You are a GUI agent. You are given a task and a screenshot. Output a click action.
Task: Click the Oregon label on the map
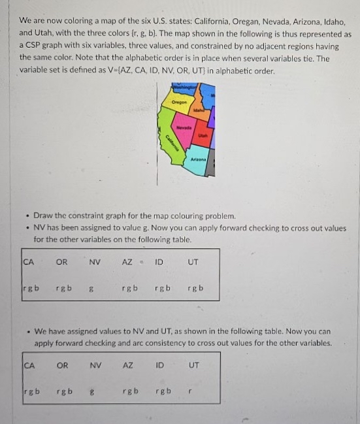(x=180, y=103)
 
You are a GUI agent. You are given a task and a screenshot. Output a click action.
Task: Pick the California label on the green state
(x=169, y=142)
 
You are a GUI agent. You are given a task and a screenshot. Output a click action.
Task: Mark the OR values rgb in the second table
(x=63, y=392)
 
